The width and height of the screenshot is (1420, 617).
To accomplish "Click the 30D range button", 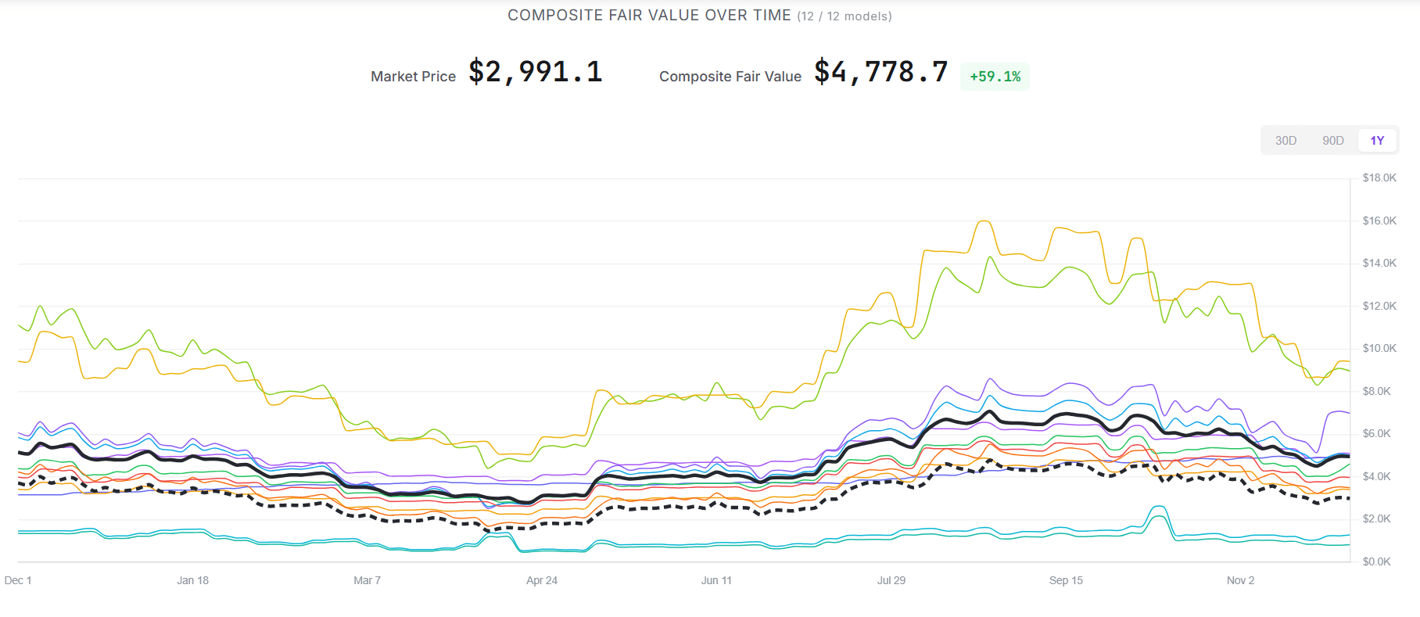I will click(x=1286, y=141).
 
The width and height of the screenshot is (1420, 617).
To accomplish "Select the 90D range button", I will click(x=1332, y=141).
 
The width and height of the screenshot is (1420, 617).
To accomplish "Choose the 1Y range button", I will click(x=1377, y=141).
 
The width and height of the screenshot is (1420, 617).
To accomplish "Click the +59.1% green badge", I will click(x=995, y=77).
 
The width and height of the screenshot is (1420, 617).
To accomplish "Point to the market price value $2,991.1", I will click(x=536, y=72).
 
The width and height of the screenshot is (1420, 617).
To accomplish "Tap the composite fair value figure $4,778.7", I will click(x=880, y=72).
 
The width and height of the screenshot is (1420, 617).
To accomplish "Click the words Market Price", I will click(x=413, y=77).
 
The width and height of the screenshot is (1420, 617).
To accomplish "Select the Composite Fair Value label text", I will click(x=730, y=77).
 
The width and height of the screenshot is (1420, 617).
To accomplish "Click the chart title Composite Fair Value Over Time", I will click(x=649, y=16).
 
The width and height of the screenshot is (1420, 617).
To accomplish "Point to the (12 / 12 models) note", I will click(x=844, y=16).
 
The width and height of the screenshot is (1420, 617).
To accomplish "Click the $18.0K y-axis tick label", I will click(x=1379, y=178).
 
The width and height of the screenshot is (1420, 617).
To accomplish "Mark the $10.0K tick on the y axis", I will click(x=1379, y=349).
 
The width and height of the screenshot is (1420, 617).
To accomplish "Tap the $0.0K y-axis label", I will click(x=1376, y=561).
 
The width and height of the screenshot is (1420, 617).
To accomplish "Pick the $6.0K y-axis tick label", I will click(x=1376, y=434).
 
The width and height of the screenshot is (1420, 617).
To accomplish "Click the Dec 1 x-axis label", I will click(x=18, y=580).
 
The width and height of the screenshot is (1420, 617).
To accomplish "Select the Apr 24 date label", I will click(x=542, y=580).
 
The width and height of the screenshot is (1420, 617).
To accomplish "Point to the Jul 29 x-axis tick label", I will click(x=891, y=580).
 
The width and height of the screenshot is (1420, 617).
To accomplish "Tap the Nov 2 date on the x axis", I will click(x=1240, y=580).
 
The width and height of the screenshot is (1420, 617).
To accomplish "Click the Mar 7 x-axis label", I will click(x=367, y=580).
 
